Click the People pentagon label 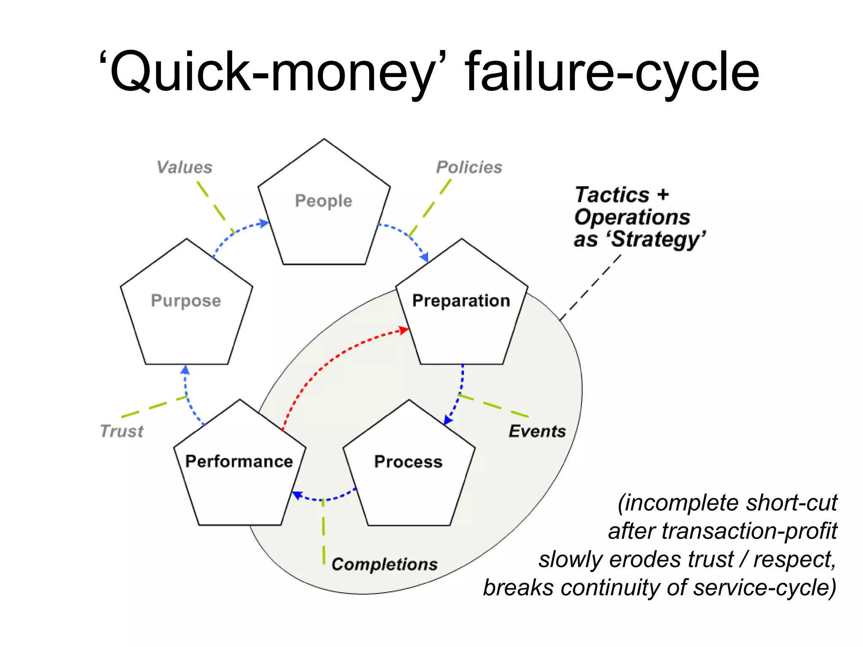(323, 201)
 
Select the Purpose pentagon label (186, 301)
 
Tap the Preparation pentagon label (461, 301)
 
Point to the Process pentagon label (408, 462)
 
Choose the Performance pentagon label (239, 462)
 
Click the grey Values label (185, 167)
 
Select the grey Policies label (469, 167)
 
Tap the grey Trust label (122, 431)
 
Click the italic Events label (537, 431)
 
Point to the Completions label (384, 564)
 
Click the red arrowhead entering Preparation (404, 330)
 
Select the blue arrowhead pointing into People (264, 223)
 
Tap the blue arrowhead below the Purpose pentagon (185, 370)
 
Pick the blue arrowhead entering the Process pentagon (448, 420)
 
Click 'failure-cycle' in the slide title (612, 72)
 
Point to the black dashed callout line (590, 288)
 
